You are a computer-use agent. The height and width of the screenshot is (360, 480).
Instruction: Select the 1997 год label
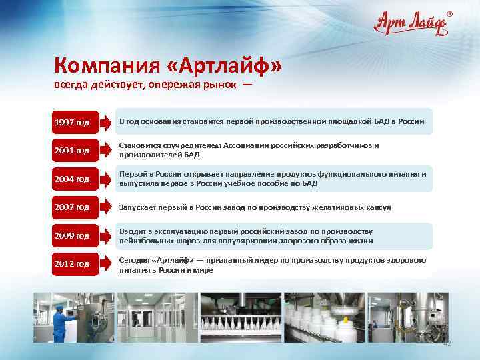point(73,122)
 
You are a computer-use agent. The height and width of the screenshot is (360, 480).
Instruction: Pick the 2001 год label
point(73,150)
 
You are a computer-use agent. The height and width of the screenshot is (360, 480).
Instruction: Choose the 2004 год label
point(73,179)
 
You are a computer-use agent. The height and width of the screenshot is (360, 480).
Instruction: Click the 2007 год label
point(73,207)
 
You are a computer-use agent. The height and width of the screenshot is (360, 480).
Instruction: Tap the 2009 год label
point(73,235)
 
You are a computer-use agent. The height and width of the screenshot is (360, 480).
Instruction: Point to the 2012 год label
point(73,264)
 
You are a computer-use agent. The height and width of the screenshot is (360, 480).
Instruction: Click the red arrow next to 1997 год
point(106,122)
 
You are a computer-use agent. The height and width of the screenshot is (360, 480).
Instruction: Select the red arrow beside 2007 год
point(106,207)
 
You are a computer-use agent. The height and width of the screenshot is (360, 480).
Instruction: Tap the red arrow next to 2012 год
point(106,264)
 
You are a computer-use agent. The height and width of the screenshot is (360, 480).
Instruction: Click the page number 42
point(447,343)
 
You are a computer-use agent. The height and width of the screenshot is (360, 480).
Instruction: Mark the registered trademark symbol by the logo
point(449,13)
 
